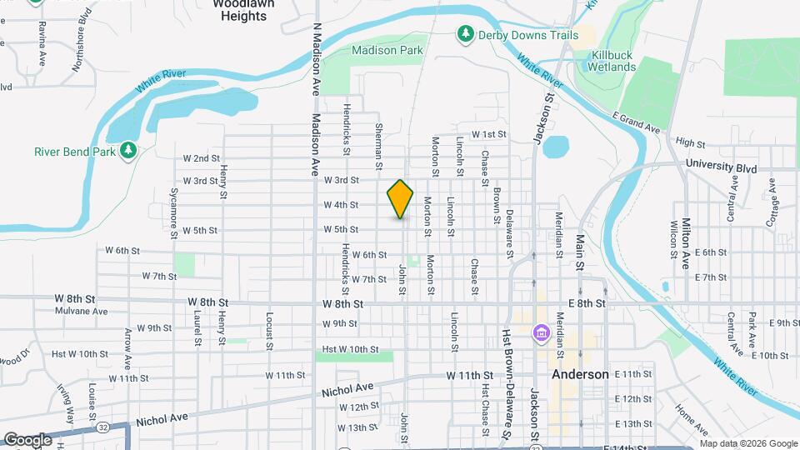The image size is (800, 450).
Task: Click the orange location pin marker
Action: click(400, 198)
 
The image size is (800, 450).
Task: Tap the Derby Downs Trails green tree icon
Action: click(465, 34)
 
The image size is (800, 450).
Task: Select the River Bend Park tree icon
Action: click(128, 150)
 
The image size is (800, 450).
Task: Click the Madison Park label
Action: click(387, 50)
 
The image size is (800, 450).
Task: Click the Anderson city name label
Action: click(580, 374)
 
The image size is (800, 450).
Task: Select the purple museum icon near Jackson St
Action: click(541, 334)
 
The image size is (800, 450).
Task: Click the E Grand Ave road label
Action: click(636, 122)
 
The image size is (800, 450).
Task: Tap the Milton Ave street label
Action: click(686, 243)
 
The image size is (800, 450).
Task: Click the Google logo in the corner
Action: click(28, 439)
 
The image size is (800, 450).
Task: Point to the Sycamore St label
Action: click(174, 212)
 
